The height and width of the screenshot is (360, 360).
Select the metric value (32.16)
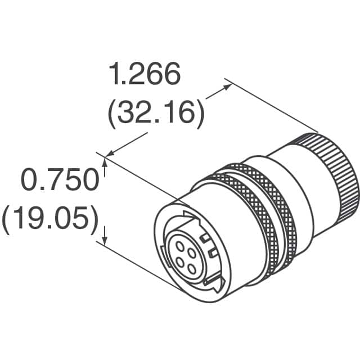[155, 113]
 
